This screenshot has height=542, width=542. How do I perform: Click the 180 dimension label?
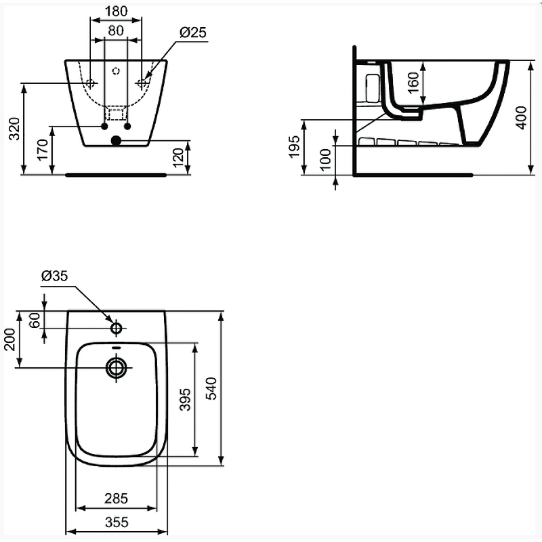click(x=116, y=12)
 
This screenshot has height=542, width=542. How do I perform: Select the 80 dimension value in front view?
click(x=116, y=31)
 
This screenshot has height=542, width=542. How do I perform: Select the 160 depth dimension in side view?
click(x=414, y=83)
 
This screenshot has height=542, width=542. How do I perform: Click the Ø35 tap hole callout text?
click(x=55, y=276)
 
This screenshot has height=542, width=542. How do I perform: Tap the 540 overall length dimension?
click(x=211, y=389)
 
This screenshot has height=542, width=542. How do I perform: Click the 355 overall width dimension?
click(x=117, y=522)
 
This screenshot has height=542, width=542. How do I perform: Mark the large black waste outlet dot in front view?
click(x=116, y=141)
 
